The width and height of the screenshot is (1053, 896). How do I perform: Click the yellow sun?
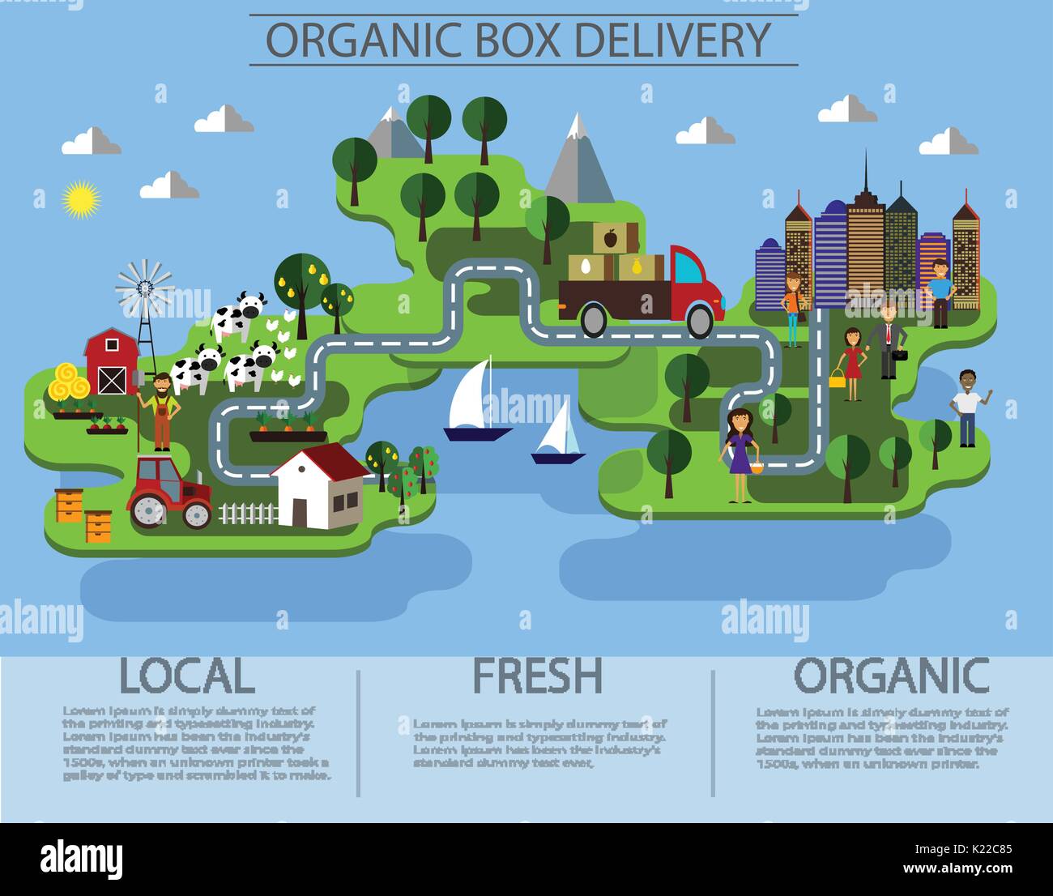tap(80, 198)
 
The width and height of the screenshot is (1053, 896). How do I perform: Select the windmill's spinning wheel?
tap(144, 286)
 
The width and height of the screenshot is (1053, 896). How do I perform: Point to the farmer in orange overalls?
tap(161, 411)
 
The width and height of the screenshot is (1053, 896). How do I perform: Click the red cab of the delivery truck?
tap(693, 284)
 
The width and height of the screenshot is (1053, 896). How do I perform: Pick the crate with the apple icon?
tap(609, 237)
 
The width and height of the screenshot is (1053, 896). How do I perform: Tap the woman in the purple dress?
tap(740, 455)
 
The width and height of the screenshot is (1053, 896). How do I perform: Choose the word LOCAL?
tap(186, 676)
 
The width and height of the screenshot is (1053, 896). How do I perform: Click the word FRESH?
tap(537, 676)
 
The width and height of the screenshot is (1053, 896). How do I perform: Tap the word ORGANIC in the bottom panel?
tap(891, 676)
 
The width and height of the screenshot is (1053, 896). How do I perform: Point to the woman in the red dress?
tap(851, 364)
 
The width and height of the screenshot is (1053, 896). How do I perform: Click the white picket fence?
tap(248, 513)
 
